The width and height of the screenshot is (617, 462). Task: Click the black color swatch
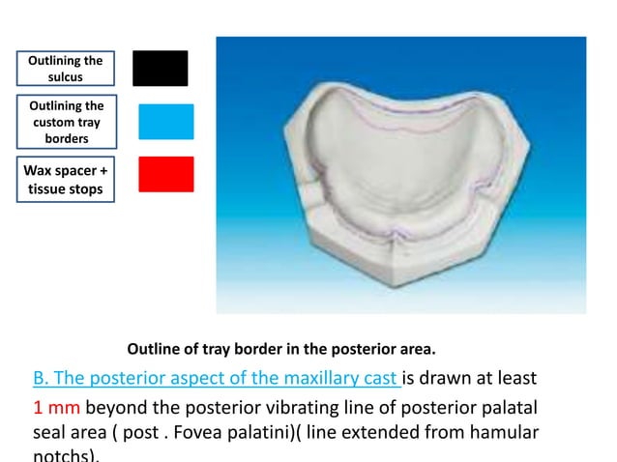click(x=160, y=68)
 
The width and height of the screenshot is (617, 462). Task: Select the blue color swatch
click(x=165, y=122)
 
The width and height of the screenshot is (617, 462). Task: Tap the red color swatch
click(x=165, y=174)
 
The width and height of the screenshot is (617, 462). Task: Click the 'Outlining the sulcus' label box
click(x=66, y=68)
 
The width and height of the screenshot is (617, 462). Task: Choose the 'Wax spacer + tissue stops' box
click(x=66, y=182)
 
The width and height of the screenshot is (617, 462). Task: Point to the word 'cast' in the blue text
click(x=378, y=376)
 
